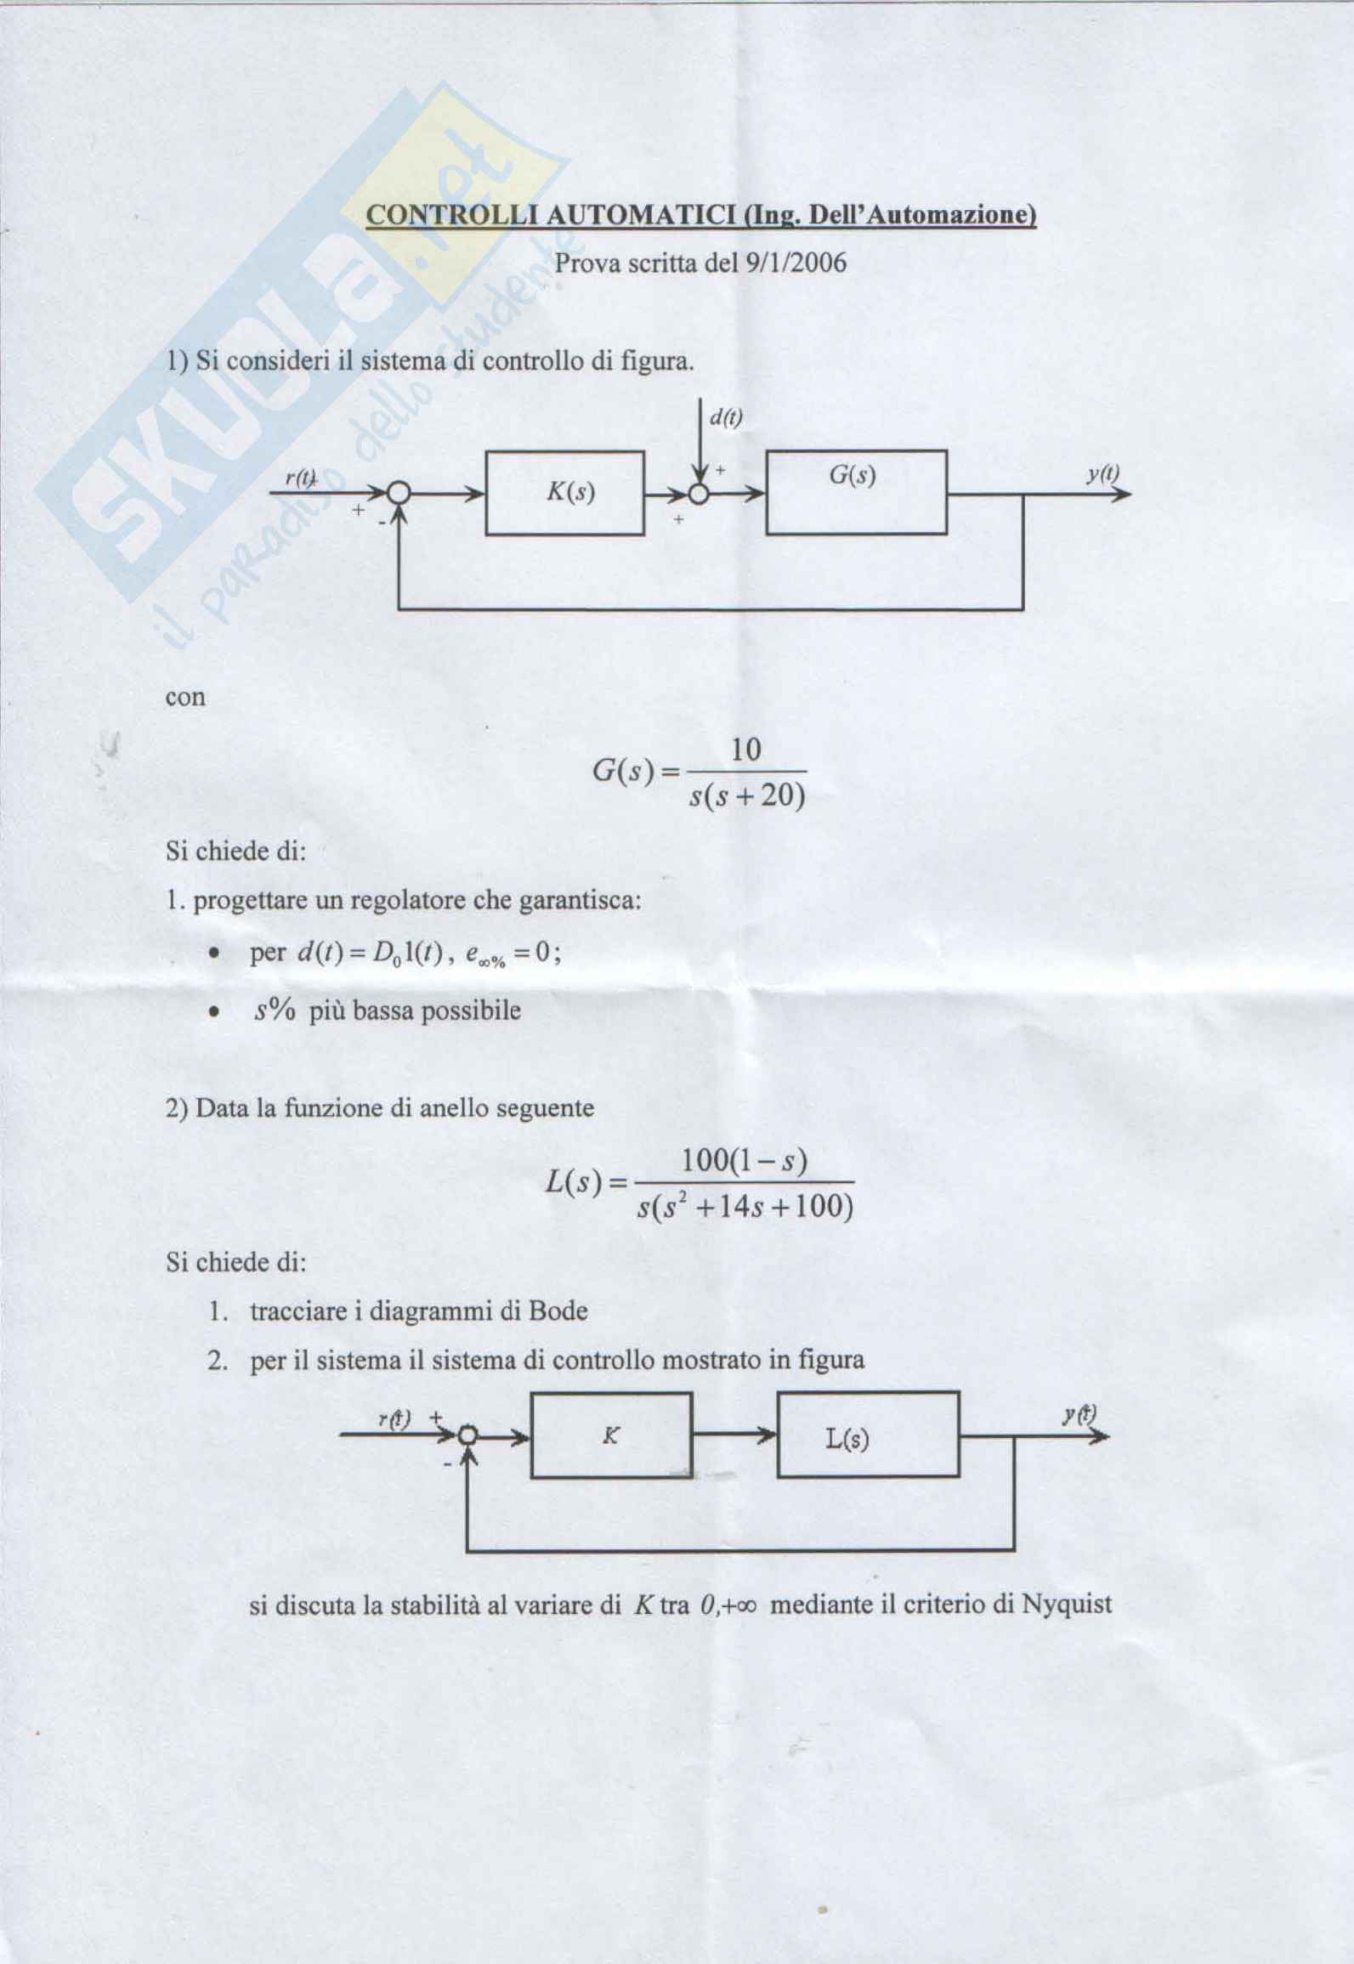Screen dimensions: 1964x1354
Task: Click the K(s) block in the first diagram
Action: coord(564,493)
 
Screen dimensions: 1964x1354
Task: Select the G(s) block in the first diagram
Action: coord(856,492)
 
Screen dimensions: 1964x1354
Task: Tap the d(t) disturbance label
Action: coord(726,417)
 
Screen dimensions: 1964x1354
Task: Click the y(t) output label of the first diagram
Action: coord(1102,473)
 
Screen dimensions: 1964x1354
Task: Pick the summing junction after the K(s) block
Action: coord(699,495)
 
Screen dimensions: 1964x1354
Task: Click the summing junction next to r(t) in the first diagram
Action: coord(398,494)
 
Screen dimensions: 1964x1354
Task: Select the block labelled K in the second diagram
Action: coord(611,1435)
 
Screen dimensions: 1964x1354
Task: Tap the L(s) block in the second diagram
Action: coord(868,1435)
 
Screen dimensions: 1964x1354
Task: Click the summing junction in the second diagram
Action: coord(467,1436)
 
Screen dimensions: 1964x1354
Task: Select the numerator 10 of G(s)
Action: coord(745,750)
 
